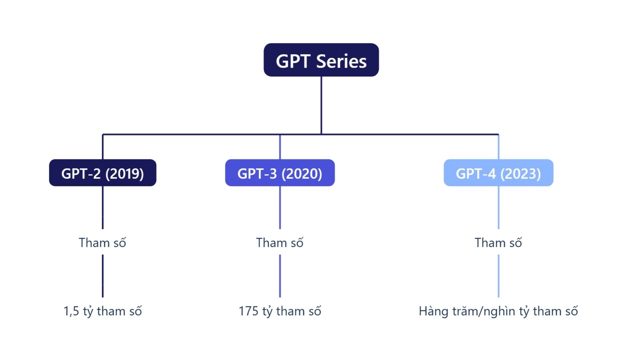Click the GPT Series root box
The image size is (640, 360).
[x=321, y=60]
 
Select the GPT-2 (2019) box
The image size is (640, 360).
[x=103, y=173]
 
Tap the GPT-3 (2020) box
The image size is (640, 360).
[x=280, y=173]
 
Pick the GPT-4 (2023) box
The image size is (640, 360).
[x=498, y=173]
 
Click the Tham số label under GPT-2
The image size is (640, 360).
[x=102, y=242]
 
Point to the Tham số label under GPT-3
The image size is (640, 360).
[x=280, y=242]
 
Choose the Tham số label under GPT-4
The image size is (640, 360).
[x=498, y=242]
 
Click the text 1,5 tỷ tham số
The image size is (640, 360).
[x=103, y=311]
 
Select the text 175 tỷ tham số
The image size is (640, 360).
[x=280, y=311]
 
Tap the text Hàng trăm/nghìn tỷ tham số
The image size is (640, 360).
[x=498, y=311]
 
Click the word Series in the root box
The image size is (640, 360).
[x=341, y=61]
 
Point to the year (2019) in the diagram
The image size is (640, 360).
[x=124, y=174]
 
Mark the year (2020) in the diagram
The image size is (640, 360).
[x=302, y=174]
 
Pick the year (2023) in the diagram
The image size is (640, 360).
[x=520, y=174]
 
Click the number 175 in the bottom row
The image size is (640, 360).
[x=249, y=311]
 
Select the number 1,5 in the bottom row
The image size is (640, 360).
[x=71, y=311]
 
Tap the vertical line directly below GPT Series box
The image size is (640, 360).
[x=321, y=105]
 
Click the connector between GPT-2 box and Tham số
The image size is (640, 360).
[x=103, y=207]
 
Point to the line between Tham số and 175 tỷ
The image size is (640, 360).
[x=280, y=276]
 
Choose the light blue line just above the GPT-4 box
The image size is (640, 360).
[x=498, y=147]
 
